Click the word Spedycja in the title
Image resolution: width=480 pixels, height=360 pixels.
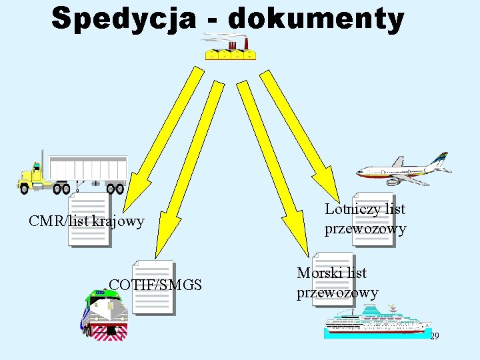tap(124, 19)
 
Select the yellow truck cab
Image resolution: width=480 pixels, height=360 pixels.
tap(33, 177)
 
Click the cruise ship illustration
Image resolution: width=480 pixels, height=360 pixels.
tap(377, 321)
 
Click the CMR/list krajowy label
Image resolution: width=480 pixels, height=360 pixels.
tap(87, 221)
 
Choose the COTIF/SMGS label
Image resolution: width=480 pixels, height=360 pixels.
tap(155, 285)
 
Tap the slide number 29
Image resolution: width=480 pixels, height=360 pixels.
tap(434, 337)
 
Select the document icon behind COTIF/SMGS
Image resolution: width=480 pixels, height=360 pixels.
tap(153, 287)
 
